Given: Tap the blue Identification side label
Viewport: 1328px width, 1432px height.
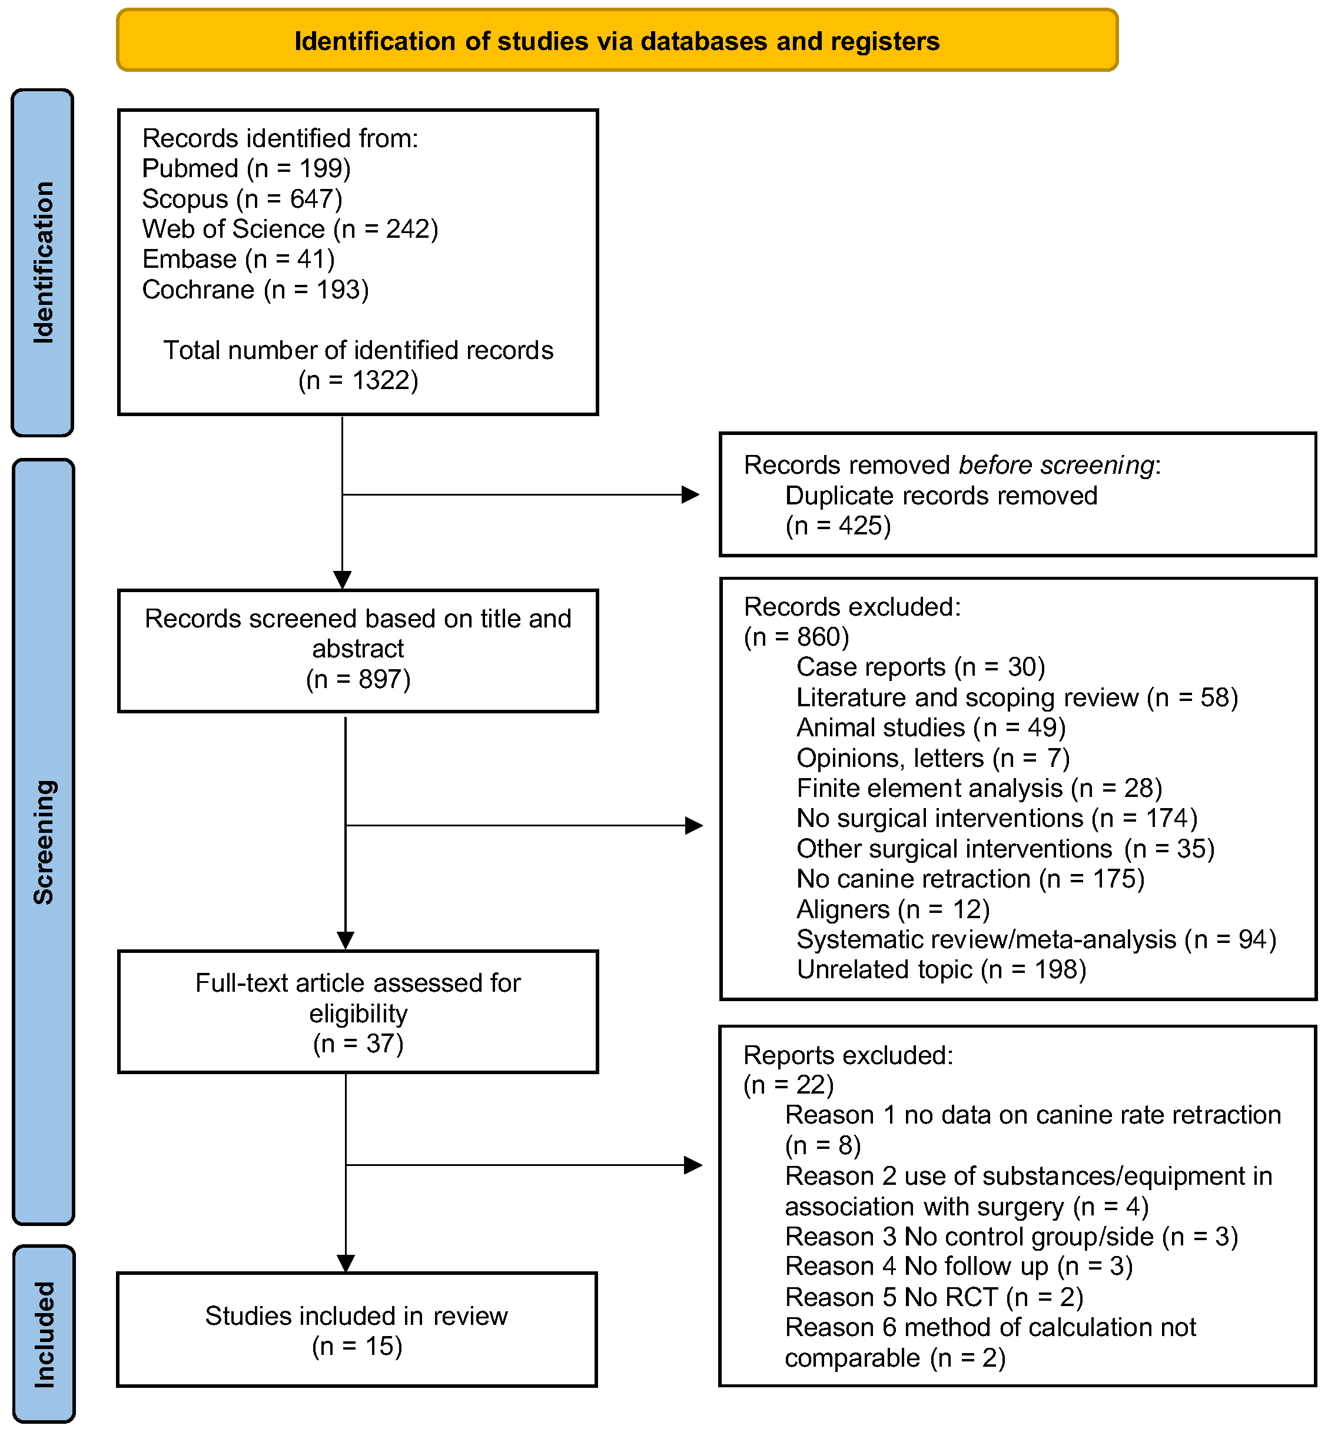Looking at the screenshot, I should click(43, 263).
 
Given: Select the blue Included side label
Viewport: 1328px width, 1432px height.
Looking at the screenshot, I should click(44, 1334).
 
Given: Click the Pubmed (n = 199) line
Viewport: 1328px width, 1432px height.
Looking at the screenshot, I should click(247, 169).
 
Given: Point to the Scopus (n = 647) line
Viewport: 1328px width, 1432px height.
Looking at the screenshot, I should click(242, 199).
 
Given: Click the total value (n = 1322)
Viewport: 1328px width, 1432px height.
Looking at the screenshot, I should click(358, 380).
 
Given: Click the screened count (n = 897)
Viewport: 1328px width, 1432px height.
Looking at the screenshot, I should click(358, 679).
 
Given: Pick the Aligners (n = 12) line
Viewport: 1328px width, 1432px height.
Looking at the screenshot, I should click(893, 909).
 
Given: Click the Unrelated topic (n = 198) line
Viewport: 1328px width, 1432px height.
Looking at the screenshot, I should click(941, 970).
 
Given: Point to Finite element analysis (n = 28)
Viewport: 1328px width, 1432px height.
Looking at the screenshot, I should click(979, 788).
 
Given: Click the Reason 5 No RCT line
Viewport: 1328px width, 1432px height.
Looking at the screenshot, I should click(934, 1297).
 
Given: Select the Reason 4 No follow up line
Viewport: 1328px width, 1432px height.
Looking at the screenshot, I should click(959, 1266).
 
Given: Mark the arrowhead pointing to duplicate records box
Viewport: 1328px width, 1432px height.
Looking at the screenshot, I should click(690, 494).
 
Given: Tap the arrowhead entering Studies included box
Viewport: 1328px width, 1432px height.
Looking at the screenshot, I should click(346, 1263).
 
